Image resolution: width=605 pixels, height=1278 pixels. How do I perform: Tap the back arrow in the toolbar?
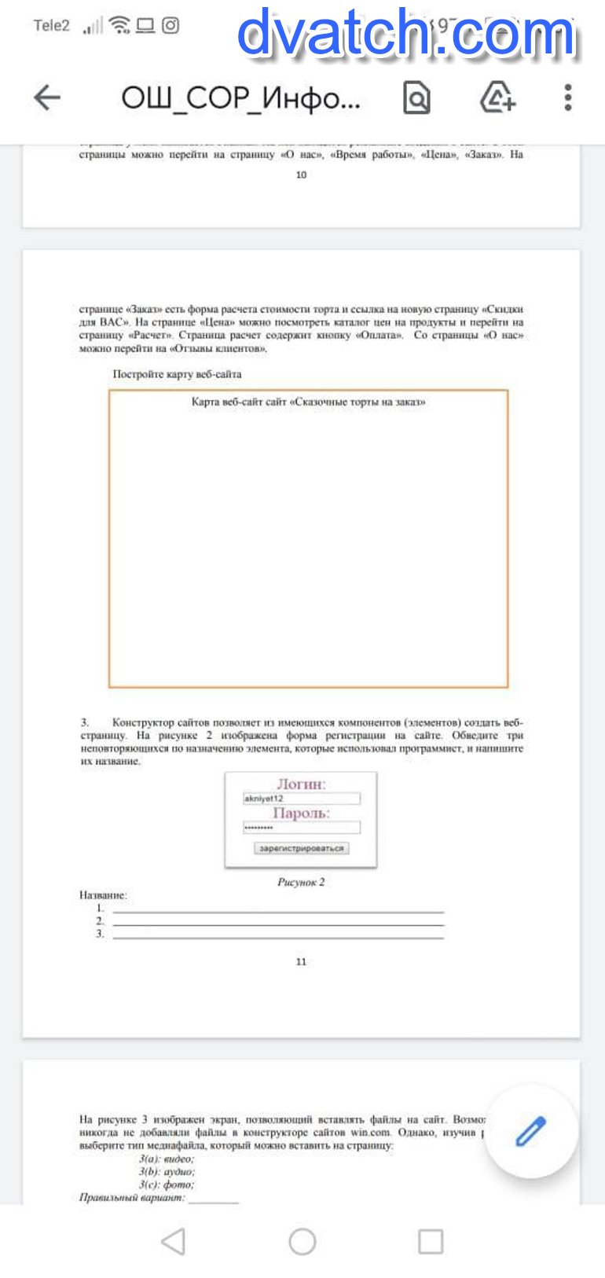point(47,97)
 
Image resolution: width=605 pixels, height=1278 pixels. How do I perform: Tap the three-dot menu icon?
point(567,97)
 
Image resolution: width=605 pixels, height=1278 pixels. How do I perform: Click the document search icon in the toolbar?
point(416,97)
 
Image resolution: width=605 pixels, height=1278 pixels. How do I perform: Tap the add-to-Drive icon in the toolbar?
point(497,97)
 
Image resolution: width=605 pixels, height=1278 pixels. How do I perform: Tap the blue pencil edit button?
point(531,1131)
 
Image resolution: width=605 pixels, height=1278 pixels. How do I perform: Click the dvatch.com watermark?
point(407,34)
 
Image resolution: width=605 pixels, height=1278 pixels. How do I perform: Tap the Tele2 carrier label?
point(52,26)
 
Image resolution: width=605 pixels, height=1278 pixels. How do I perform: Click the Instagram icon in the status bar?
point(170,26)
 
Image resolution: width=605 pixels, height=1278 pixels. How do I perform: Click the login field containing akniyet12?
point(302,799)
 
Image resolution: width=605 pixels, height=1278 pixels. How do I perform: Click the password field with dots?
point(302,828)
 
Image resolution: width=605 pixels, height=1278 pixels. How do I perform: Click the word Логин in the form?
point(301,784)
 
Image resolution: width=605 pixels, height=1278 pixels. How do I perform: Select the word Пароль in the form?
point(301,813)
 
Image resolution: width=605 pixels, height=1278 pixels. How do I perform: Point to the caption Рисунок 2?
point(301,882)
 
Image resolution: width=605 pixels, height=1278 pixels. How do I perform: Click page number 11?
point(301,961)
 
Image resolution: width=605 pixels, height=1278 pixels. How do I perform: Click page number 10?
point(301,174)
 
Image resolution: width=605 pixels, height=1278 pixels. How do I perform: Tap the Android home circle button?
point(302,1242)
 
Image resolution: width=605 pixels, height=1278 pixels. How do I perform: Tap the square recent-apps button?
point(431,1242)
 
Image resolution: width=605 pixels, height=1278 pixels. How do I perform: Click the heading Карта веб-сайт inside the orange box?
point(308,402)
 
